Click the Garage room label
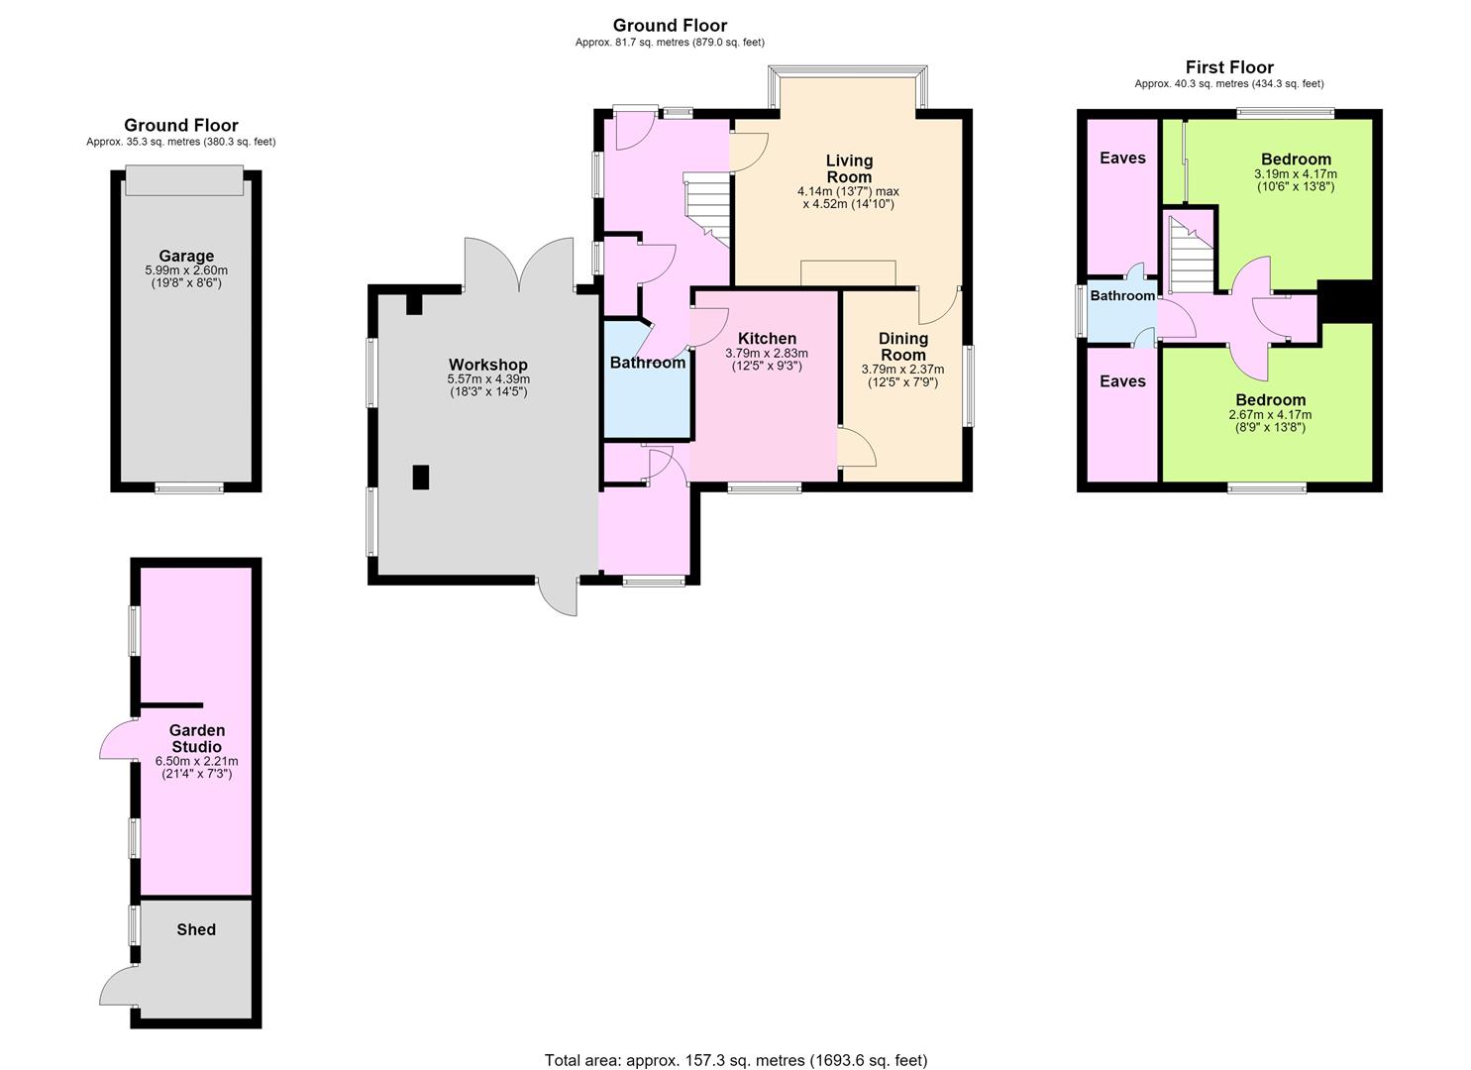tap(186, 257)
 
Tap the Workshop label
tap(488, 365)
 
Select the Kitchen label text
tap(767, 338)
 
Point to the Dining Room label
tap(903, 346)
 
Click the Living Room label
tap(849, 168)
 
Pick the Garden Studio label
tap(196, 738)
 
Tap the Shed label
tap(196, 929)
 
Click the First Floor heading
tap(1229, 67)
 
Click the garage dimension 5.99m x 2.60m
tap(186, 269)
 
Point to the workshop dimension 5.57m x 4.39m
tap(488, 379)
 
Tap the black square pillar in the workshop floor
tap(420, 477)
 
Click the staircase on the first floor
tap(1192, 255)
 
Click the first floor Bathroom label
tap(1122, 295)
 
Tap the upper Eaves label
tap(1122, 158)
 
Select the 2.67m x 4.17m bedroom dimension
tap(1270, 414)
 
